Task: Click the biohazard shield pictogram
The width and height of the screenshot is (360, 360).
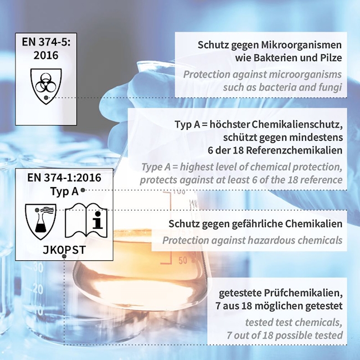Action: pyautogui.click(x=46, y=86)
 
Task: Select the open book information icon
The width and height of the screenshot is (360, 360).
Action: pyautogui.click(x=86, y=220)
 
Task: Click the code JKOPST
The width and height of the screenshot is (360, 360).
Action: pyautogui.click(x=64, y=250)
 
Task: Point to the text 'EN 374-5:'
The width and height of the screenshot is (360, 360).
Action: pyautogui.click(x=46, y=42)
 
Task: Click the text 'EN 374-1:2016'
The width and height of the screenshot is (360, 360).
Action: pyautogui.click(x=64, y=177)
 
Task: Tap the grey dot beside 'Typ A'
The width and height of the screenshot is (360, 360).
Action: pyautogui.click(x=83, y=190)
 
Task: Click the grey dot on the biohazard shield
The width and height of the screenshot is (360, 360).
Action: pyautogui.click(x=46, y=97)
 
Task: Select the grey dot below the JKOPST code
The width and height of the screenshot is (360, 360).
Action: pyautogui.click(x=64, y=256)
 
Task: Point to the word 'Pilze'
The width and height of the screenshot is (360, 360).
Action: pyautogui.click(x=330, y=58)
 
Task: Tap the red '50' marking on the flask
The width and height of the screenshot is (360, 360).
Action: pyautogui.click(x=183, y=261)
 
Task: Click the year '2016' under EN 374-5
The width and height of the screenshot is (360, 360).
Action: pyautogui.click(x=46, y=55)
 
